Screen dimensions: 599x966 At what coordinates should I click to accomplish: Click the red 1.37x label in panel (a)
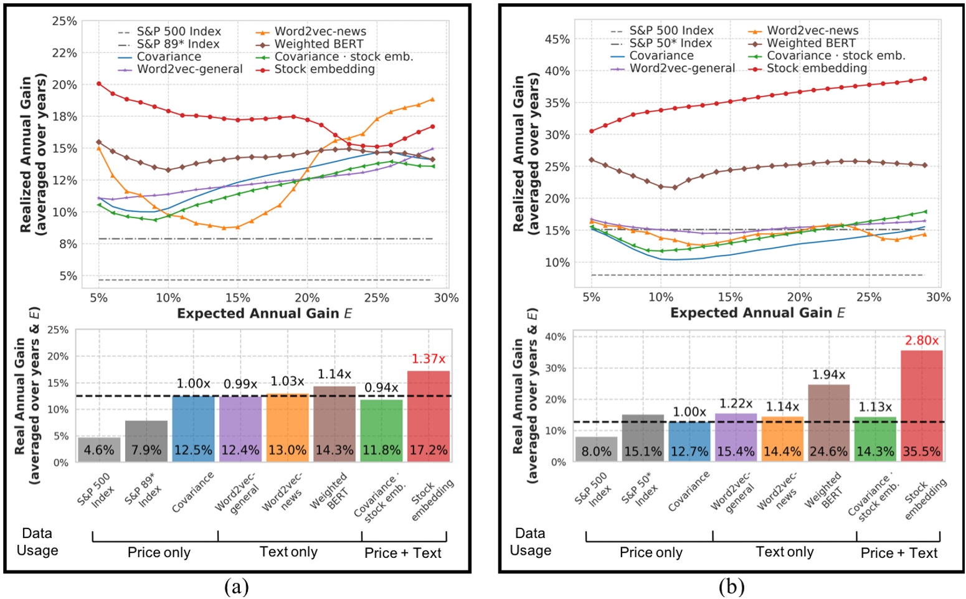(x=429, y=359)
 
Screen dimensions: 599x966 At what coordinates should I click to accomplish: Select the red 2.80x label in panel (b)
(x=922, y=340)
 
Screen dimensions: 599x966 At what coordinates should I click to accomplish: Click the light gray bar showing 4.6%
(x=99, y=449)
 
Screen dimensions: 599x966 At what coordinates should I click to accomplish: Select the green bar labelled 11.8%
(x=381, y=430)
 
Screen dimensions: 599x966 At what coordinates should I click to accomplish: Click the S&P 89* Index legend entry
(x=178, y=44)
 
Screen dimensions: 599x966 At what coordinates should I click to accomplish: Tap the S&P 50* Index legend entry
(x=670, y=43)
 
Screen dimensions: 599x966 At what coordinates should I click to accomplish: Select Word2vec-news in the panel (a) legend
(x=320, y=31)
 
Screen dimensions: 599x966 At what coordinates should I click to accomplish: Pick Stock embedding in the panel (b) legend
(x=817, y=68)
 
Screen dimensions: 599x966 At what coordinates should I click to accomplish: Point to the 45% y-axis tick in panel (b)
(x=557, y=39)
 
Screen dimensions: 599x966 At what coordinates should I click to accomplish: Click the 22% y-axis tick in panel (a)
(x=64, y=53)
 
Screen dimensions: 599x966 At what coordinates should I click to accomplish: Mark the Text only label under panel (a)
(x=288, y=552)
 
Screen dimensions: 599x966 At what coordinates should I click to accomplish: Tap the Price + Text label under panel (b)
(x=899, y=553)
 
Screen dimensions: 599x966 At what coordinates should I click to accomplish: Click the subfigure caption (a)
(x=236, y=587)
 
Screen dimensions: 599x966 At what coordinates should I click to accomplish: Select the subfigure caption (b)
(x=731, y=587)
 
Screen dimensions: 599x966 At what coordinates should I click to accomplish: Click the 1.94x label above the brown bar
(x=828, y=375)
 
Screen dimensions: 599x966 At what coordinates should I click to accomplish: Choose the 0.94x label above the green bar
(x=381, y=388)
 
